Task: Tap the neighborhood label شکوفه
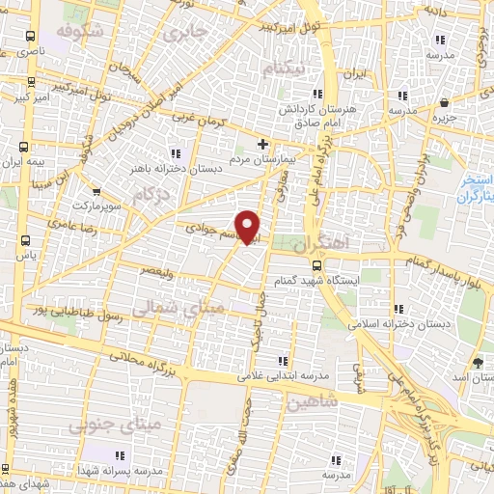(x=78, y=31)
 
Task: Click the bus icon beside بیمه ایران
(x=23, y=147)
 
